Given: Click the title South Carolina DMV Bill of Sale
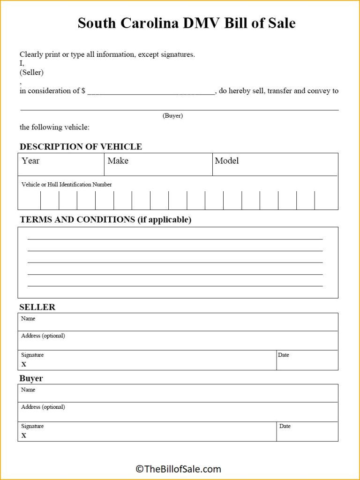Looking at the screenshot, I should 187,23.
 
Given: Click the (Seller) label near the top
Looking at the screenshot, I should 31,72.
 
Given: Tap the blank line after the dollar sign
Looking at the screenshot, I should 150,91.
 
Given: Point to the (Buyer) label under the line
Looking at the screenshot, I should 172,116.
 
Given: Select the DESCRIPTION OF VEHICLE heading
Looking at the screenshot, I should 81,147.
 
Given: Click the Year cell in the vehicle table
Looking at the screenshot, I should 61,165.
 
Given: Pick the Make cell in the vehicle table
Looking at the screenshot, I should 158,165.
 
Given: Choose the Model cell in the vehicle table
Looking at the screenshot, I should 275,165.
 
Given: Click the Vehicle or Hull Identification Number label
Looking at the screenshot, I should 67,185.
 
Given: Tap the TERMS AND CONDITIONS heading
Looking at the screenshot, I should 105,219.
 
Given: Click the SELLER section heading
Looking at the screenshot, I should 37,307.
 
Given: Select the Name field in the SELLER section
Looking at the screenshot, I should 178,322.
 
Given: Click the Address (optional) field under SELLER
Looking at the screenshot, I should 178,341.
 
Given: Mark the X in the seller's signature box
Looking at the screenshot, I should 24,364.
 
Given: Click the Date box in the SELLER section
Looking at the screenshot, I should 307,360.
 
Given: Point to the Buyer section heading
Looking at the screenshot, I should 31,378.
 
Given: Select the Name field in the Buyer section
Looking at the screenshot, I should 178,393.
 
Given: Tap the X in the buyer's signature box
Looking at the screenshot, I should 24,435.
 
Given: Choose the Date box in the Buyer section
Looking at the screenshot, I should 307,431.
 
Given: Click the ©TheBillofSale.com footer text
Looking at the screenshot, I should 178,469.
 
